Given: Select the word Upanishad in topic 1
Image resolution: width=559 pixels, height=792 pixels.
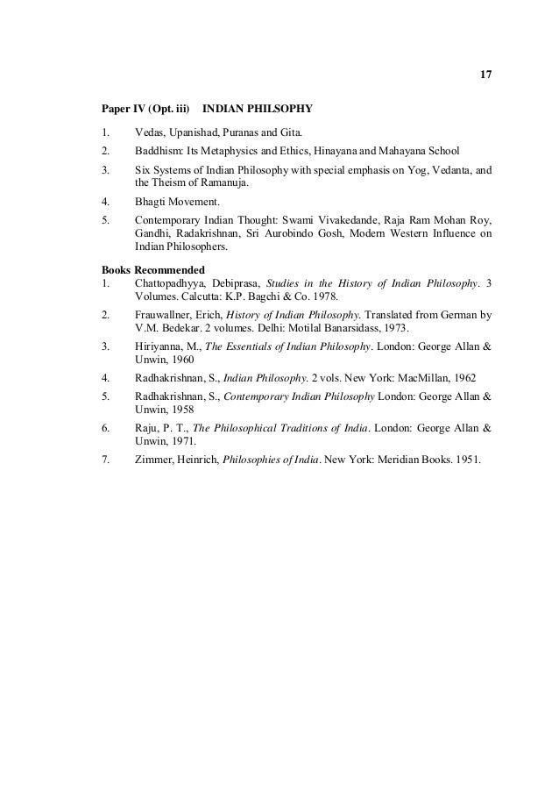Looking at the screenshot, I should [x=195, y=132].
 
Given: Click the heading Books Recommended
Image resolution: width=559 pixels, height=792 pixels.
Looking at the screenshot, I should [x=153, y=269].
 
